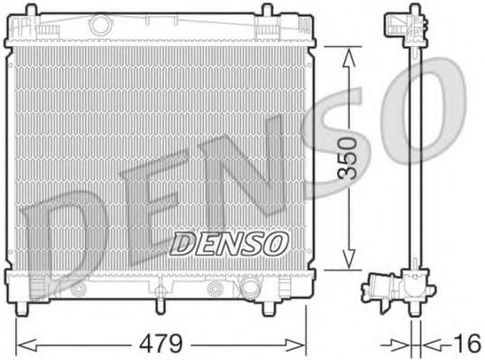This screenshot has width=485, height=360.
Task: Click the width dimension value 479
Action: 164,343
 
